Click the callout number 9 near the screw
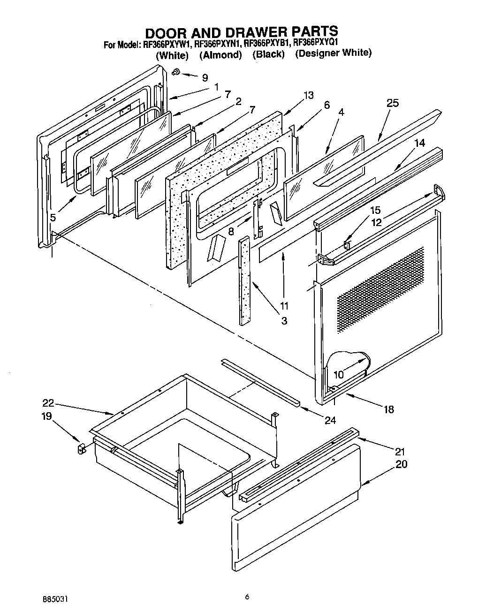pos(205,78)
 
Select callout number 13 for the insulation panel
pos(308,96)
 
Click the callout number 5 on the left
pos(53,217)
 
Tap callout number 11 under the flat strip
pos(284,306)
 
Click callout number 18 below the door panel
pos(388,409)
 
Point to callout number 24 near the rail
pos(330,420)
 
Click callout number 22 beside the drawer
pos(48,402)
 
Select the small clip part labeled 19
pos(80,449)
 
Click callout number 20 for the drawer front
pos(401,464)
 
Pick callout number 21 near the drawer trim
pos(400,452)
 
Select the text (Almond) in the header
pos(220,55)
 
